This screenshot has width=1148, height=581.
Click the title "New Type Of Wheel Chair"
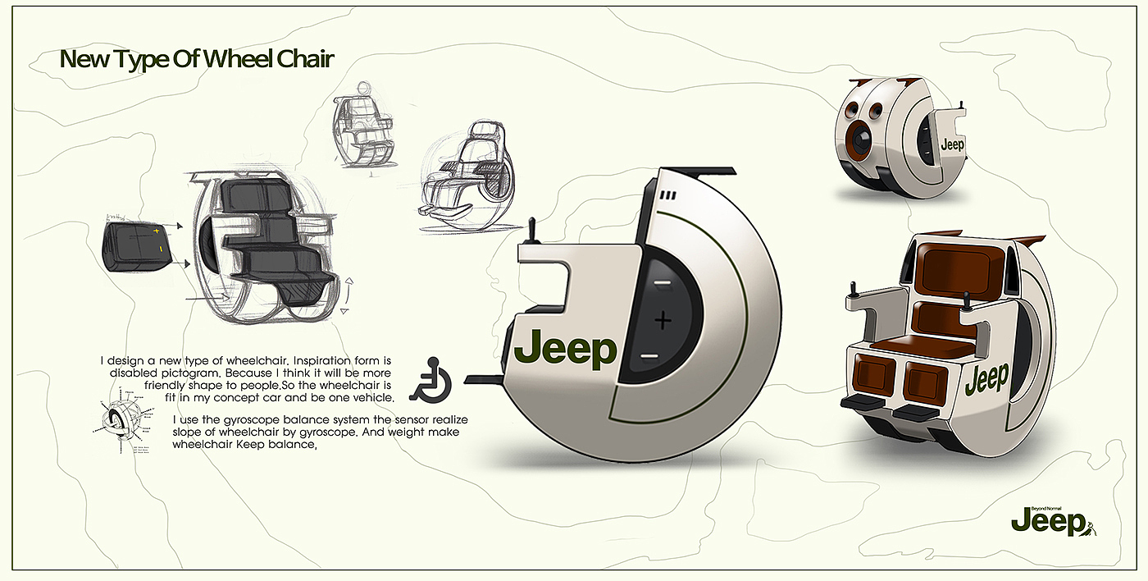click(197, 60)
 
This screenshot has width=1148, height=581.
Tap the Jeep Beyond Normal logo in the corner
click(1054, 520)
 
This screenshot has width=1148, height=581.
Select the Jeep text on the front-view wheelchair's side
click(986, 379)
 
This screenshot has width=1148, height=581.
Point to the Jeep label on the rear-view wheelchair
click(952, 145)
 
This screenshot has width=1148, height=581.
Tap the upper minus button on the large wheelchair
click(663, 283)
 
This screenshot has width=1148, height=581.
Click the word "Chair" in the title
click(304, 60)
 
